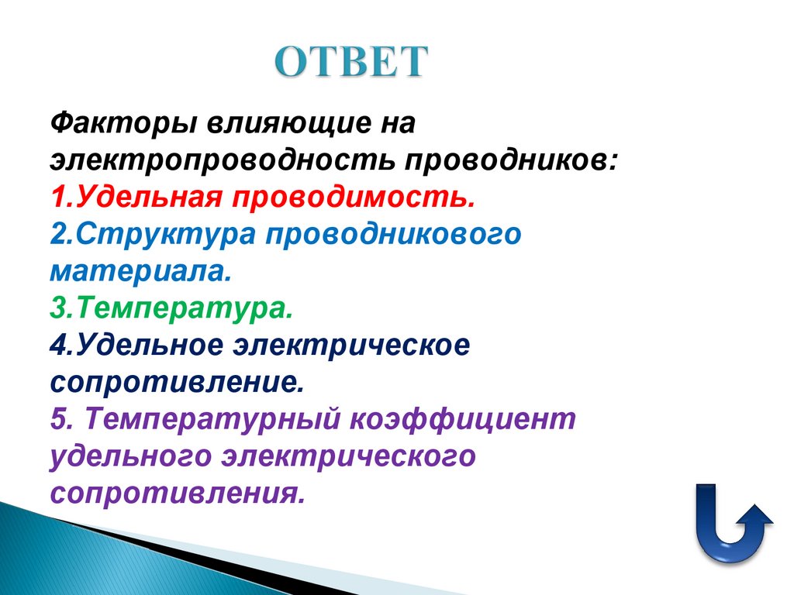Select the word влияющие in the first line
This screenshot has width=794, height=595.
tap(275, 123)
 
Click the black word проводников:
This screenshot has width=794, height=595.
tap(509, 160)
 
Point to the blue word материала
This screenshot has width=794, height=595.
tap(140, 272)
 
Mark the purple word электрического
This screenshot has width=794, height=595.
tap(348, 456)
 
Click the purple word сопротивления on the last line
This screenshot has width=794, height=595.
tap(178, 494)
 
